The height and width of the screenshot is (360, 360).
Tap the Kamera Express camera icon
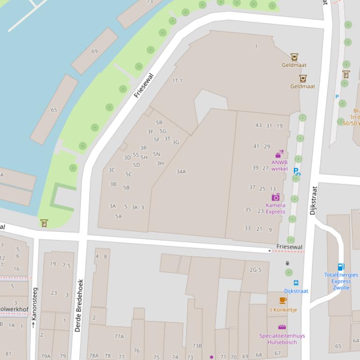275,197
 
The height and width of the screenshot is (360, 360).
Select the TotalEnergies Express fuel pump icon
341,267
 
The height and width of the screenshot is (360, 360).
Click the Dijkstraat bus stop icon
296,283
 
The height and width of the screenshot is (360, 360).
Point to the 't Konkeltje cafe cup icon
283,301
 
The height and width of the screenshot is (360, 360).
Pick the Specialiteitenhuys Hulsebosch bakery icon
282,327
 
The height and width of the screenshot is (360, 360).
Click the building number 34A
181,172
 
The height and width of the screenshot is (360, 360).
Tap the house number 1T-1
177,80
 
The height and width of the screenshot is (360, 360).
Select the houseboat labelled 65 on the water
54,110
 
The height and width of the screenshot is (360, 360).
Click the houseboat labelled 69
95,51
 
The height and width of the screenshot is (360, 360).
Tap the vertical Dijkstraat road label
314,201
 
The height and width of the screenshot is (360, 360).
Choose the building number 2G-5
256,270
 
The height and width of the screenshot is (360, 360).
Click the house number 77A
119,337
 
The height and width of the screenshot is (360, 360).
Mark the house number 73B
197,346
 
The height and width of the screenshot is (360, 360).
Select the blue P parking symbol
337,97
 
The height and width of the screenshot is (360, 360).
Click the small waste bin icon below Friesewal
287,263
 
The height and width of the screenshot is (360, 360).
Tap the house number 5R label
159,123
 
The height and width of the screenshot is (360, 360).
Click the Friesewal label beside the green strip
144,85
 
